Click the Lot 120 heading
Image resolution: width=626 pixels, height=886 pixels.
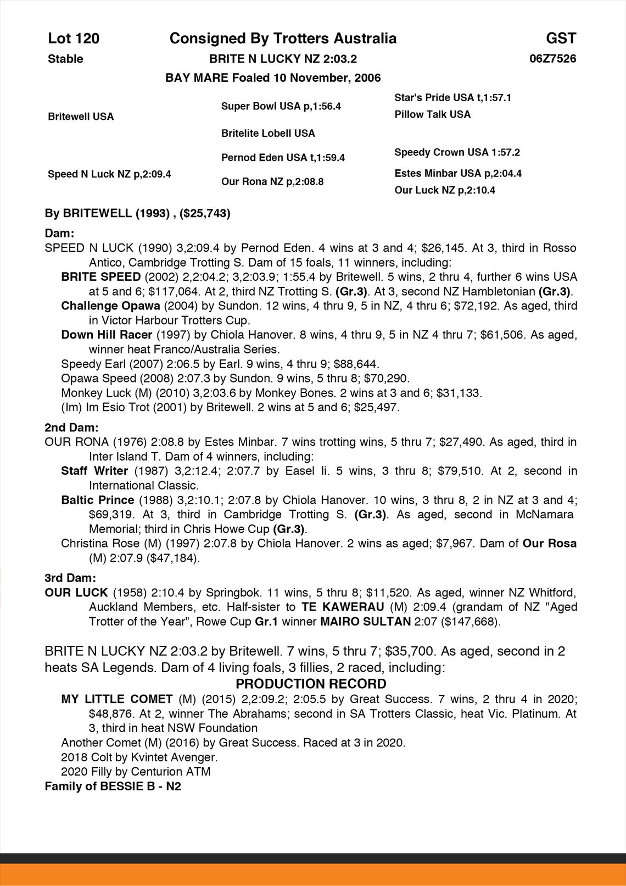pyautogui.click(x=74, y=38)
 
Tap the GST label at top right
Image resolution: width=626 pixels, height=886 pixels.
pyautogui.click(x=561, y=38)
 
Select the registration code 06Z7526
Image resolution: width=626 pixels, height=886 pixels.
pyautogui.click(x=553, y=58)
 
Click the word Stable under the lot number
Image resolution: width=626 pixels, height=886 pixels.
pyautogui.click(x=65, y=59)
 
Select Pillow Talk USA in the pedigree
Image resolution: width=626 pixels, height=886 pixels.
pyautogui.click(x=432, y=114)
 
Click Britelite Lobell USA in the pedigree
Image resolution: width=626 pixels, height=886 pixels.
pyautogui.click(x=268, y=133)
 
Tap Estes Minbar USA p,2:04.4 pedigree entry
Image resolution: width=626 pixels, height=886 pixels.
pyautogui.click(x=458, y=173)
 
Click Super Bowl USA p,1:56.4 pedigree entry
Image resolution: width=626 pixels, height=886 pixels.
pyautogui.click(x=281, y=106)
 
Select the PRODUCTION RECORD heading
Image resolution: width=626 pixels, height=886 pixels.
pyautogui.click(x=311, y=684)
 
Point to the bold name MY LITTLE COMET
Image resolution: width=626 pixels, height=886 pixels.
pyautogui.click(x=117, y=699)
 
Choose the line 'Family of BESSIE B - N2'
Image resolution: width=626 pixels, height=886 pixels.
pyautogui.click(x=113, y=786)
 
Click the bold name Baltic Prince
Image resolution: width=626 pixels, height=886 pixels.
pyautogui.click(x=98, y=500)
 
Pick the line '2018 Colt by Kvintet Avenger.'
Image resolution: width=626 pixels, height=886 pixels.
pyautogui.click(x=139, y=757)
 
